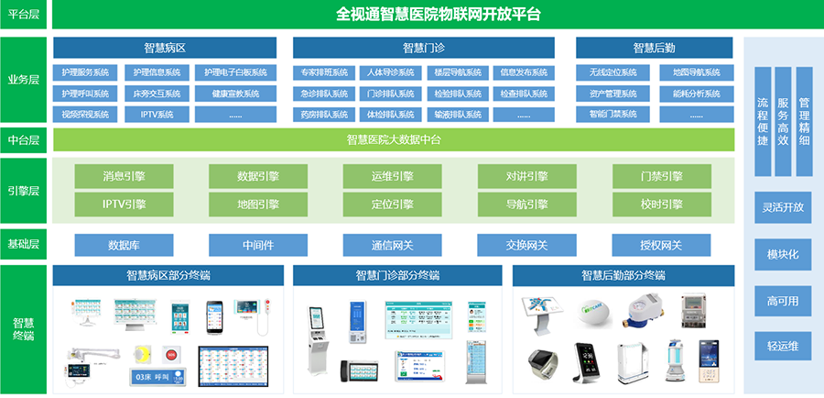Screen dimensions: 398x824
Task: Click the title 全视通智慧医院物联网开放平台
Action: point(438,14)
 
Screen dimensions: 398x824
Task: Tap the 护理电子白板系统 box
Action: point(235,72)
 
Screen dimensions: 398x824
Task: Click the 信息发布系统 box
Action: point(523,72)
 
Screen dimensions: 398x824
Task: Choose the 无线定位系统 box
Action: point(613,72)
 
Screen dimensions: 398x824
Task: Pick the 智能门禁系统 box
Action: point(613,115)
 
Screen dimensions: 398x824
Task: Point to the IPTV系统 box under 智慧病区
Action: point(157,115)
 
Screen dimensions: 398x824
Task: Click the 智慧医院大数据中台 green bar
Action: point(394,139)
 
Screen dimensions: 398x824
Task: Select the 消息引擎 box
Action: point(124,176)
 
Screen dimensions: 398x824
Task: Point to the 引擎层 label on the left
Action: point(23,191)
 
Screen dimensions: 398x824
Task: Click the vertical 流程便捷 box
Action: point(763,121)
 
